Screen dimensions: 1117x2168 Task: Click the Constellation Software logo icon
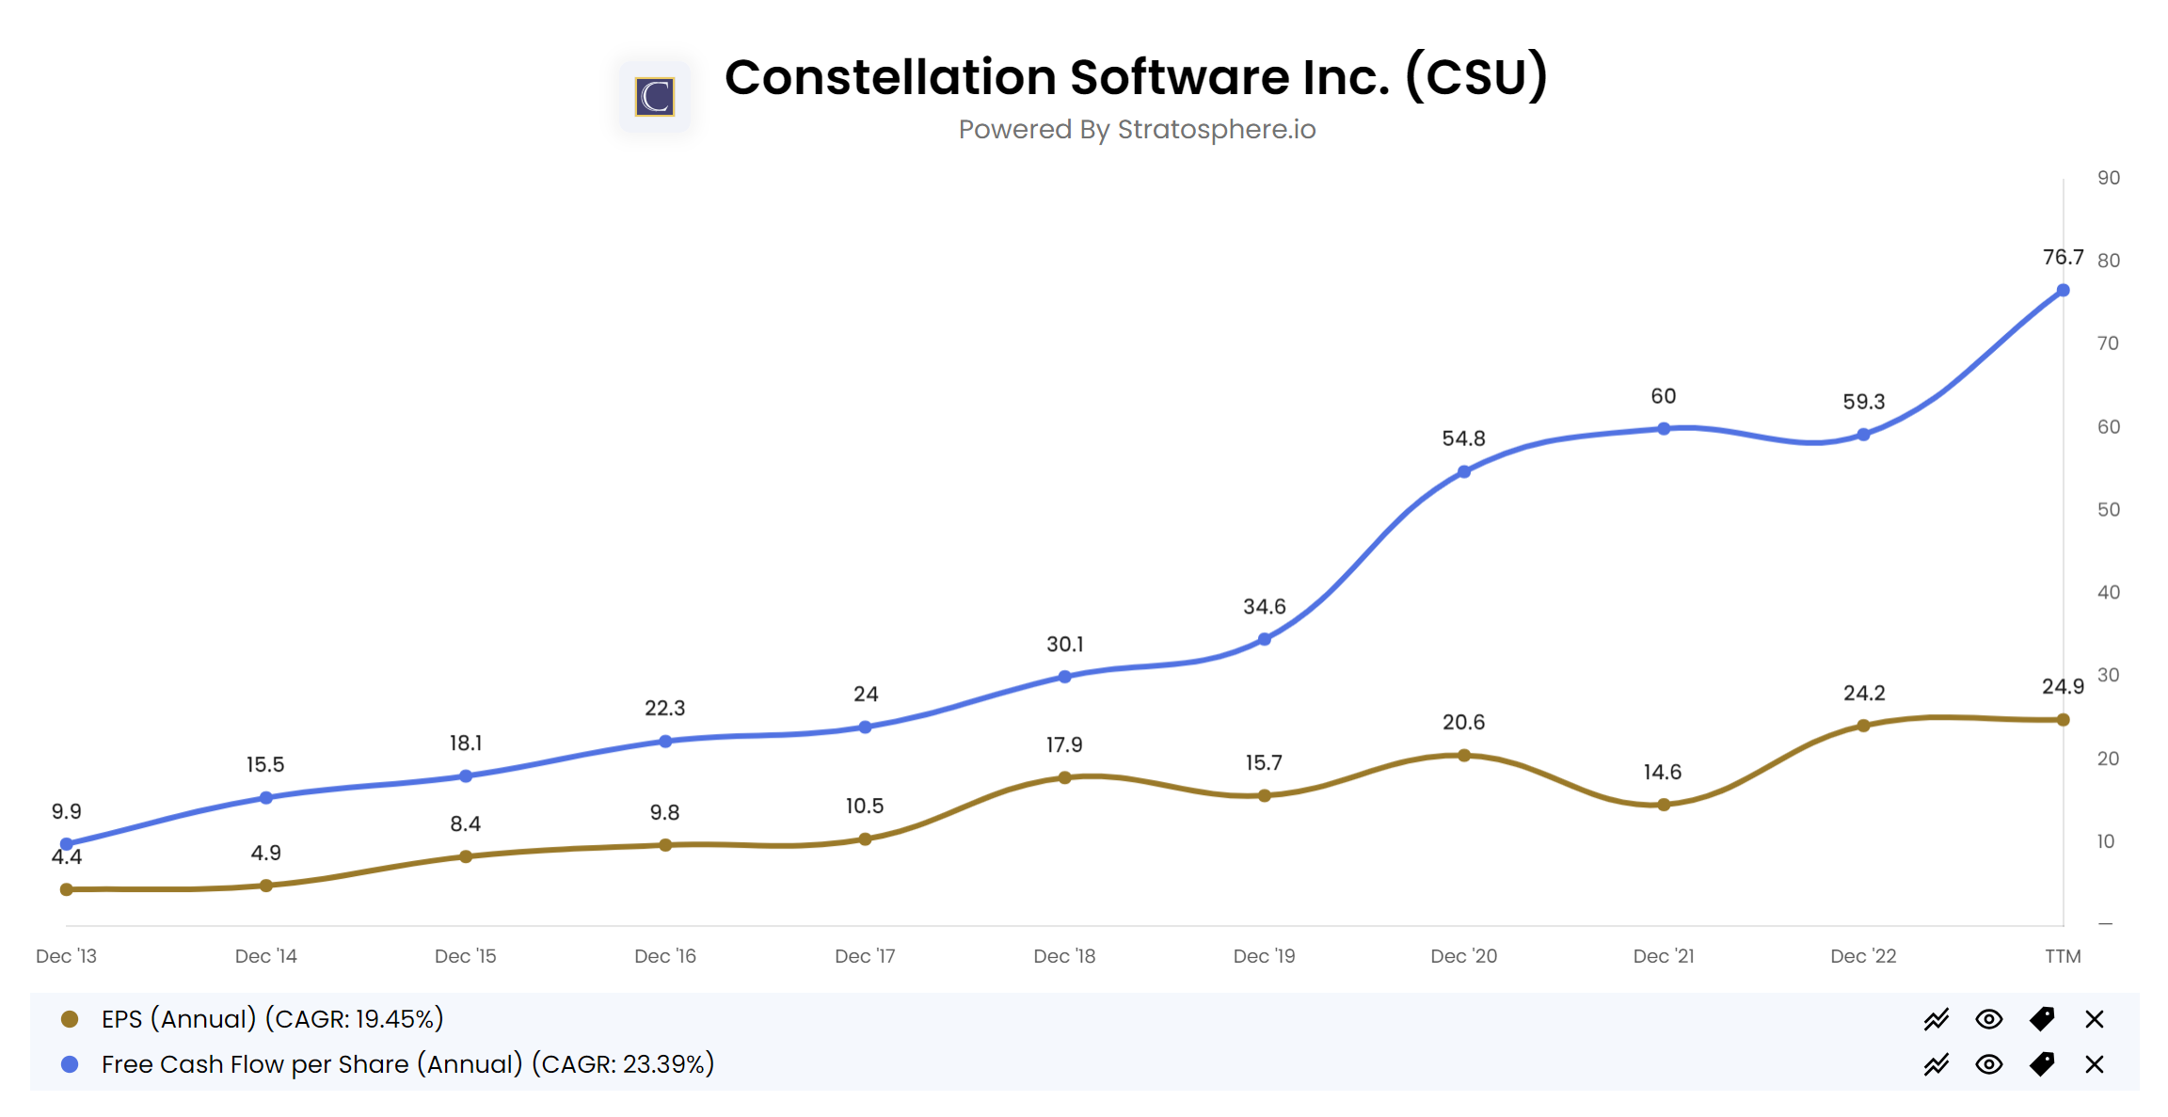click(x=654, y=97)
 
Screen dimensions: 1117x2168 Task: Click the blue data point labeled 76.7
click(x=2062, y=291)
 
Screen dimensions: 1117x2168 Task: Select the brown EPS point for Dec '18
click(x=1064, y=777)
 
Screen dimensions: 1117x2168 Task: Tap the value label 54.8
click(x=1463, y=439)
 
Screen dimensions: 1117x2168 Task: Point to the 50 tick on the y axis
click(x=2108, y=510)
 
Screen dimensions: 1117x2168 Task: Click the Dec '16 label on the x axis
click(x=664, y=956)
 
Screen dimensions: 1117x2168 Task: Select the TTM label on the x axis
click(x=2062, y=956)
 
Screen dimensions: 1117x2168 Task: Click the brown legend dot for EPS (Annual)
click(x=70, y=1019)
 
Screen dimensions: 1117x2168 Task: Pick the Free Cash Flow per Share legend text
click(x=407, y=1064)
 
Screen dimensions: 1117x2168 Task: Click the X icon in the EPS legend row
click(x=2094, y=1019)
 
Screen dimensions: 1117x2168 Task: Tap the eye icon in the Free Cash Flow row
click(x=1988, y=1064)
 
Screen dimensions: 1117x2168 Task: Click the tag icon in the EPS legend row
click(x=2041, y=1019)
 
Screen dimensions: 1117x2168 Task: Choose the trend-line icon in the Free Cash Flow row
click(x=1936, y=1064)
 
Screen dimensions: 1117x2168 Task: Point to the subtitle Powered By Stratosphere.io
click(x=1137, y=129)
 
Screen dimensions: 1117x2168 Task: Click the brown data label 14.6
click(x=1662, y=773)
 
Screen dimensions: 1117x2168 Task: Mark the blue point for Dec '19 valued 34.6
click(x=1264, y=639)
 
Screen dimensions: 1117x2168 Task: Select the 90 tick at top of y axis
click(x=2108, y=178)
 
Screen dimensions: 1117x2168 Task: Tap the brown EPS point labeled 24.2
click(x=1862, y=726)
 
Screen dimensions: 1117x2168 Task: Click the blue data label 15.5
click(x=265, y=765)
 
